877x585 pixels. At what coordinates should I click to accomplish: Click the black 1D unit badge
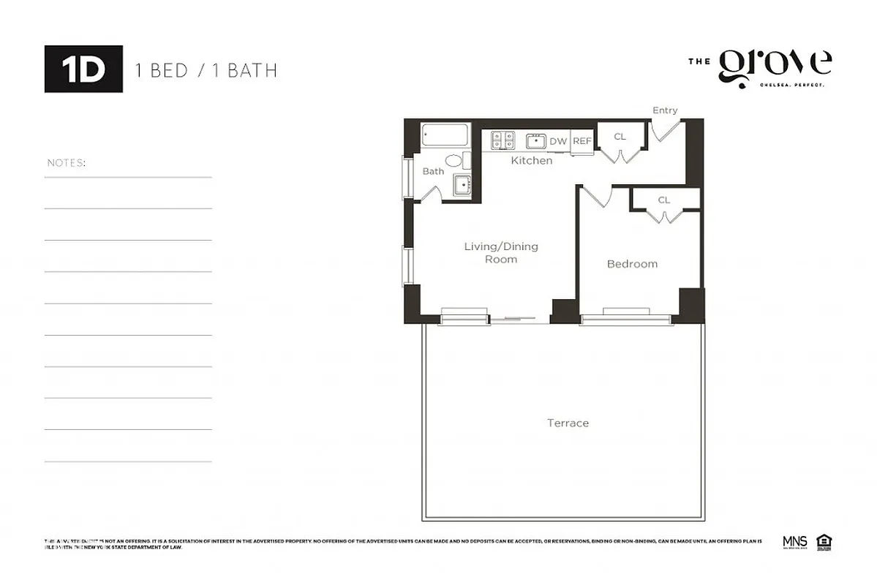(83, 69)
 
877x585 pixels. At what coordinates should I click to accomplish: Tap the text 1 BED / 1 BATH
(206, 70)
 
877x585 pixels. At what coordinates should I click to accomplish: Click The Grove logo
(761, 67)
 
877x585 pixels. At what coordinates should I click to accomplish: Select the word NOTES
(66, 162)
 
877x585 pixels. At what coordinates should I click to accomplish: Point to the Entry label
(665, 110)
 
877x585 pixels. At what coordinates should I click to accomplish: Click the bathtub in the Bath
(444, 136)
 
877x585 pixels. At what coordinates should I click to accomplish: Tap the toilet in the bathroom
(453, 161)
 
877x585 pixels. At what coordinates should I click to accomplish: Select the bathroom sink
(463, 185)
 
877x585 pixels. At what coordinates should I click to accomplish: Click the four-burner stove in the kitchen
(503, 140)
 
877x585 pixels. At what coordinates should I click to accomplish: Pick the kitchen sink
(536, 141)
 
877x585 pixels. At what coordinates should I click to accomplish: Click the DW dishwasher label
(558, 141)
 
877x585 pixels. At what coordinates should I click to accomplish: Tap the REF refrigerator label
(581, 141)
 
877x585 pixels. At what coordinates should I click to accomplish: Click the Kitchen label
(532, 160)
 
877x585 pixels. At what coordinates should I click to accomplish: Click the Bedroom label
(632, 264)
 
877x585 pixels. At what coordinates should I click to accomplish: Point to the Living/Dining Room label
(501, 252)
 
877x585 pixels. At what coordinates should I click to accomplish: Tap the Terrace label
(568, 423)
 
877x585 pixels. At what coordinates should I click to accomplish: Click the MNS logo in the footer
(794, 542)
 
